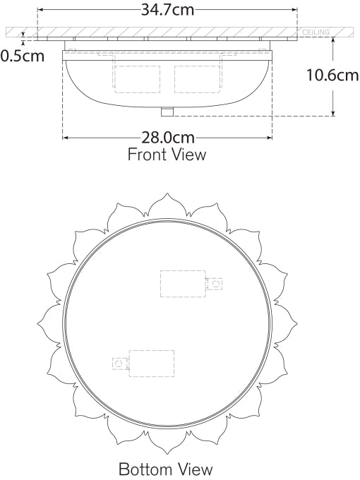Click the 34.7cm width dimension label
point(167,10)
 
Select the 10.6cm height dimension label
point(332,74)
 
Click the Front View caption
point(167,155)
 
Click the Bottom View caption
point(165,469)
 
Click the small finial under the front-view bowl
point(167,112)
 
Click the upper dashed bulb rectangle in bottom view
point(182,283)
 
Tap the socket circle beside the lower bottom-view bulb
point(119,363)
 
